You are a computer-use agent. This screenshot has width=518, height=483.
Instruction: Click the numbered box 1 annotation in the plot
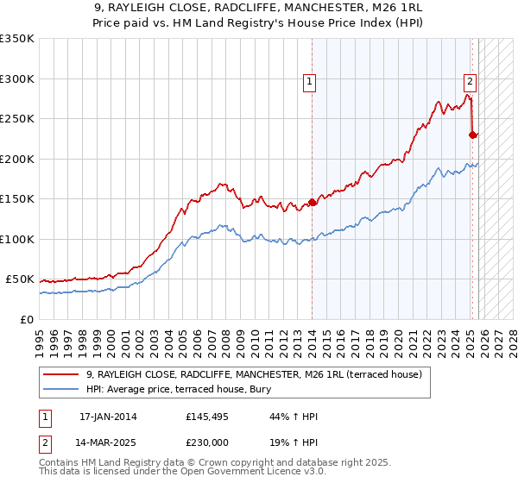tap(309, 83)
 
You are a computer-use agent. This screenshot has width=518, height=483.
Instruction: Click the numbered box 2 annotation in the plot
tap(470, 83)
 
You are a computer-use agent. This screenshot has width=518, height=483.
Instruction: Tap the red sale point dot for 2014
tap(312, 203)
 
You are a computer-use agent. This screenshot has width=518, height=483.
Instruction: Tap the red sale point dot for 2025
tap(472, 135)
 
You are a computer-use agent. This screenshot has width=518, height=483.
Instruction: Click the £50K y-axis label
tap(19, 279)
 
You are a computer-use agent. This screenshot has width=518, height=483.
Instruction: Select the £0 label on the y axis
tap(26, 319)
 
